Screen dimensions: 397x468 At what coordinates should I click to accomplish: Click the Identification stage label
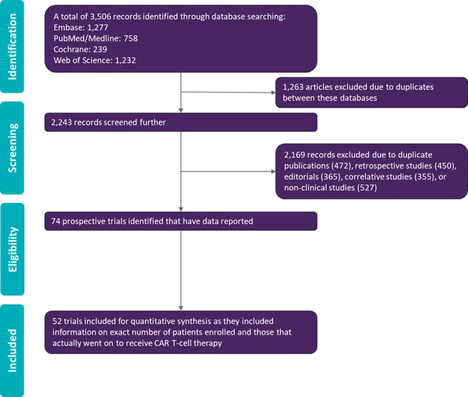(13, 46)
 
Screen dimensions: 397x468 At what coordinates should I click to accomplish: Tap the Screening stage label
(13, 148)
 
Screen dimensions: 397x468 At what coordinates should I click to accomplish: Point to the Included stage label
(13, 351)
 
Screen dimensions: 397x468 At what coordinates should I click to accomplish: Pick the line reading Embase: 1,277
(81, 28)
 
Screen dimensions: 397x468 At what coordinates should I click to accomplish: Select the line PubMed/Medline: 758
(95, 38)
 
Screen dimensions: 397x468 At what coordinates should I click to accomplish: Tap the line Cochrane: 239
(80, 49)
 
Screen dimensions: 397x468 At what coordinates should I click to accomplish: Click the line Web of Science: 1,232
(95, 60)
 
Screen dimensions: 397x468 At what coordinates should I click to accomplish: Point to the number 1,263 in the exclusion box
(293, 87)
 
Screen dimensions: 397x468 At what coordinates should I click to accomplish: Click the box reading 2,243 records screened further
(181, 122)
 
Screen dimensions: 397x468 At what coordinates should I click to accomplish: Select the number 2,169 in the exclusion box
(295, 155)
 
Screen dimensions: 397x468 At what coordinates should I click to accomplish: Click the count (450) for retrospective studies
(440, 166)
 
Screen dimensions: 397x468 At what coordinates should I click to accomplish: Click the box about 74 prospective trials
(181, 221)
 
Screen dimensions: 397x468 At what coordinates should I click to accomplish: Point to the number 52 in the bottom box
(58, 322)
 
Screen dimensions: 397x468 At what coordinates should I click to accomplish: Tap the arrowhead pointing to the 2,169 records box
(271, 172)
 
